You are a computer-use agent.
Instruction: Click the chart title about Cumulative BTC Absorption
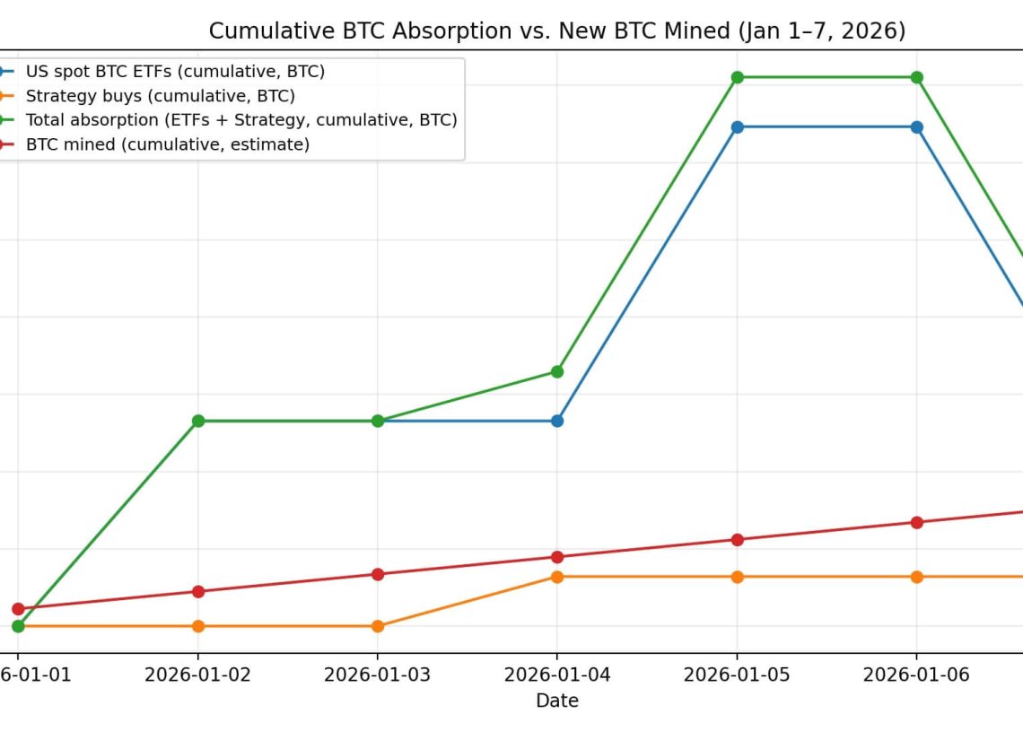pos(556,31)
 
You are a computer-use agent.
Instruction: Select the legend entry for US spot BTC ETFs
pos(175,72)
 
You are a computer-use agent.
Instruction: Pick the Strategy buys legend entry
pos(160,96)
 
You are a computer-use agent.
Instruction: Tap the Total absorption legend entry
pos(240,120)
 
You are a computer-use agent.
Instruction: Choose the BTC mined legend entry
pos(167,144)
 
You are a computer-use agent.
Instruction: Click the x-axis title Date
pos(556,701)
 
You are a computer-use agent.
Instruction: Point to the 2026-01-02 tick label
pos(197,674)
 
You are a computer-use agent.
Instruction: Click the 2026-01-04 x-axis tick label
pos(556,674)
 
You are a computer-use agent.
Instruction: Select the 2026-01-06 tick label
pos(916,674)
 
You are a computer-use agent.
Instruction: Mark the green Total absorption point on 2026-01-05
pos(737,77)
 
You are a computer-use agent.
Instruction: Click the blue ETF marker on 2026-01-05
pos(737,127)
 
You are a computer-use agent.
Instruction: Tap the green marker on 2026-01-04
pos(557,371)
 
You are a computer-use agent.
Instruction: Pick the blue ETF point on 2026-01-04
pos(557,421)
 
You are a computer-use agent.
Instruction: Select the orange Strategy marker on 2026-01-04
pos(557,577)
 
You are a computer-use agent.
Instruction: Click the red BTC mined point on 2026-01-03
pos(378,574)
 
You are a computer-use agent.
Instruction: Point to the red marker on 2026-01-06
pos(916,522)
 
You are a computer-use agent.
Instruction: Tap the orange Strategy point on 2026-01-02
pos(198,626)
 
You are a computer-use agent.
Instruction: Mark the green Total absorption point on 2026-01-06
pos(916,77)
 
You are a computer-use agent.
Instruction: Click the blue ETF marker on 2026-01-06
pos(916,127)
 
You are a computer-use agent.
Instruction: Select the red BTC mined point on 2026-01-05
pos(737,540)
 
